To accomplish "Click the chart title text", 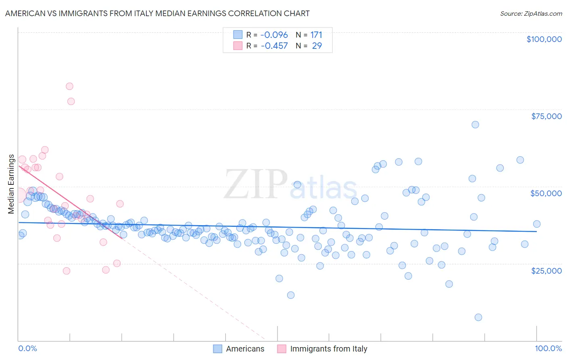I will (157, 13).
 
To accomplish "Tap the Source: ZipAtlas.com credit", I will (531, 13).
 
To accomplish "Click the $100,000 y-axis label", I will (544, 39).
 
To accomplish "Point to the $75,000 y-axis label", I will (546, 116).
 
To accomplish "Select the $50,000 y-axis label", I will (546, 193).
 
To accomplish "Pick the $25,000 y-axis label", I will (546, 270).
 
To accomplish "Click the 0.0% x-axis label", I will (28, 348).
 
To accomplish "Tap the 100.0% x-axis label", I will (548, 348).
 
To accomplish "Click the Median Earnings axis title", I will (11, 184).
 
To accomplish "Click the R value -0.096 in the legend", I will (274, 35).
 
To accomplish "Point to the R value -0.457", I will (274, 46).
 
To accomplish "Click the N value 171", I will (316, 35).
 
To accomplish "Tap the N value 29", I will (317, 46).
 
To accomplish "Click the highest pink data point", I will (69, 86).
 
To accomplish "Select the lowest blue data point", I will (478, 317).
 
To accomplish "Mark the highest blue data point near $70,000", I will (475, 125).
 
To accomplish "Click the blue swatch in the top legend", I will (238, 35).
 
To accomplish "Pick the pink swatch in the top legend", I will (238, 46).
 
